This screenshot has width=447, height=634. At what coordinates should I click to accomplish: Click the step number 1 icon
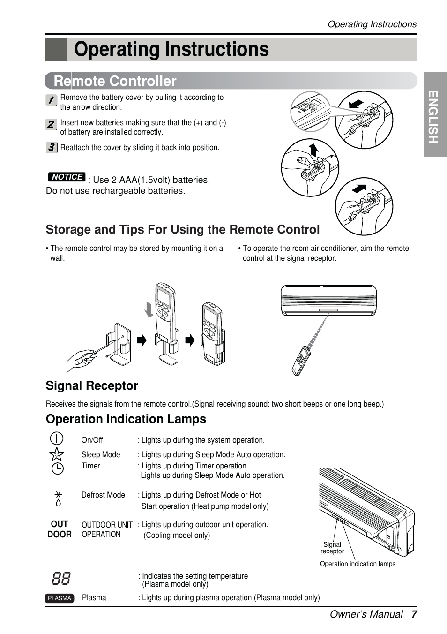pyautogui.click(x=52, y=100)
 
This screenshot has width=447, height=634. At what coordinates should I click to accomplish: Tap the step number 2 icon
pyautogui.click(x=52, y=124)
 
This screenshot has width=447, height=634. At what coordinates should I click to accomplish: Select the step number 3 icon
pyautogui.click(x=52, y=147)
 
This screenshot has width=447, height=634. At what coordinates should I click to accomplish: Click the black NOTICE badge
pyautogui.click(x=67, y=177)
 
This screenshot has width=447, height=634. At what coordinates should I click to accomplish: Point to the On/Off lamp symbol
pyautogui.click(x=56, y=438)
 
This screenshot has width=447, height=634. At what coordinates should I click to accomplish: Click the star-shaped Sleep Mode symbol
pyautogui.click(x=57, y=454)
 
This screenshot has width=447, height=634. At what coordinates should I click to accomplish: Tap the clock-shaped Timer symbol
pyautogui.click(x=57, y=468)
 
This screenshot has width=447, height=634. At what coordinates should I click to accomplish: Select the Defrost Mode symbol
pyautogui.click(x=58, y=499)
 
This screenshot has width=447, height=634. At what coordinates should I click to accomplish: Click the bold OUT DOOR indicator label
pyautogui.click(x=60, y=529)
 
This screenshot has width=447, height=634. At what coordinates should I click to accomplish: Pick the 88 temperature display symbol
pyautogui.click(x=61, y=578)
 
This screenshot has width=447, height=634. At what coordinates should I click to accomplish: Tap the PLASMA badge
pyautogui.click(x=60, y=598)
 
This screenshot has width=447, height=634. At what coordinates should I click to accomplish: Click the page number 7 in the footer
pyautogui.click(x=414, y=614)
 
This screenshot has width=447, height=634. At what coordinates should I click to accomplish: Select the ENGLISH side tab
pyautogui.click(x=434, y=115)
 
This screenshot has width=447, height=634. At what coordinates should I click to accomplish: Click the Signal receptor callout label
pyautogui.click(x=332, y=548)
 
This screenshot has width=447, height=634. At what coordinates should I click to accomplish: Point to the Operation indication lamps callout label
pyautogui.click(x=358, y=564)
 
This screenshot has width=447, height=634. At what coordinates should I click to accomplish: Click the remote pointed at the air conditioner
pyautogui.click(x=300, y=361)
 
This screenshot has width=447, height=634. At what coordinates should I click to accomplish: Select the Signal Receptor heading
pyautogui.click(x=92, y=385)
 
